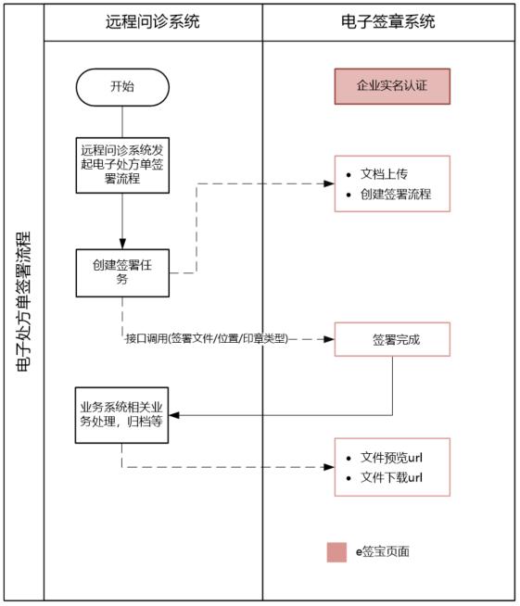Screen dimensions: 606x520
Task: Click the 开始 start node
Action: (x=122, y=87)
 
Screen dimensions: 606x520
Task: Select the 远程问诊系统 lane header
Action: (x=153, y=21)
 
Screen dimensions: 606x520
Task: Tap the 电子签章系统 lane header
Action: (x=389, y=21)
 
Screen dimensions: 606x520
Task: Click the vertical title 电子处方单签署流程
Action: (x=23, y=302)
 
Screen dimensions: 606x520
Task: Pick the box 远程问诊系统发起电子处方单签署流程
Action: (x=122, y=163)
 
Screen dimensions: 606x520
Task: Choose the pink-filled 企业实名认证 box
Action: (x=392, y=86)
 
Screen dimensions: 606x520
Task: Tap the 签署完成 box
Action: (x=392, y=339)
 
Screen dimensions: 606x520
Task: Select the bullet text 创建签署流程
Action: (x=396, y=195)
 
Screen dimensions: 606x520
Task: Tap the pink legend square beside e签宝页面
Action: (x=336, y=551)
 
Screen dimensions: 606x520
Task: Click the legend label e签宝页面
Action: (x=383, y=551)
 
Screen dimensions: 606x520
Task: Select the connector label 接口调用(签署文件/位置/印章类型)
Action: (x=206, y=339)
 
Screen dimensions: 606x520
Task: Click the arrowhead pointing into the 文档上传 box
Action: (x=329, y=183)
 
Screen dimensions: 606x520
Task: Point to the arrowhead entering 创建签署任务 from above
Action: (x=122, y=245)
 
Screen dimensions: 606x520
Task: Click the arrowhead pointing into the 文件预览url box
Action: (x=329, y=467)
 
